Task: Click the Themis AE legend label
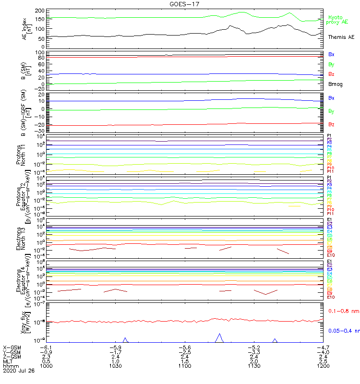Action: coord(341,37)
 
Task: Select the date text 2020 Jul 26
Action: coord(19,371)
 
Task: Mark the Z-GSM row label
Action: coord(12,356)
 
